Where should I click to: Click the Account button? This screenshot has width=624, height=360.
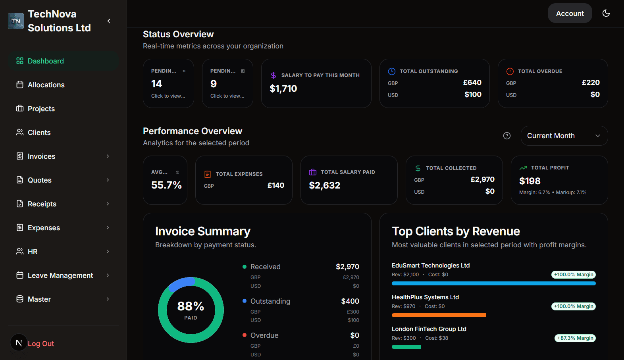coord(570,13)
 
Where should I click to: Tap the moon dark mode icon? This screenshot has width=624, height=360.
coord(606,13)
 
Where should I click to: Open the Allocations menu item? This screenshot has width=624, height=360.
coord(46,85)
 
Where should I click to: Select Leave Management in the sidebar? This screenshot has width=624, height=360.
coord(60,275)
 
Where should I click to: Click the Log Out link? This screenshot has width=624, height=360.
coord(40,344)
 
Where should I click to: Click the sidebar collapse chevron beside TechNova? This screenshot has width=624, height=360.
coord(109,21)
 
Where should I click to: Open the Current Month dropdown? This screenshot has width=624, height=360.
coord(564,136)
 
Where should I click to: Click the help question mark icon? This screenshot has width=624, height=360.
coord(507,136)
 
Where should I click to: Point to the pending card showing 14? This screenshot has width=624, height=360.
coord(168,83)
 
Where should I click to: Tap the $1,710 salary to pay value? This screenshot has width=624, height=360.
coord(283,89)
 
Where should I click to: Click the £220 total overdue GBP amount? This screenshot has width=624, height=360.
coord(590,83)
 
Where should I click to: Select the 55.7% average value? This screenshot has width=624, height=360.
coord(166,185)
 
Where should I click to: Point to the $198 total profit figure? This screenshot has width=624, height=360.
coord(530,181)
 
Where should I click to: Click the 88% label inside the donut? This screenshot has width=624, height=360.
coord(191,306)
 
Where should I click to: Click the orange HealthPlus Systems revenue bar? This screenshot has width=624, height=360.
coord(438,315)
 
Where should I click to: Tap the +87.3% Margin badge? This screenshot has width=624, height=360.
coord(575,338)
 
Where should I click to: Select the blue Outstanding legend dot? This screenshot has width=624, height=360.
coord(245,301)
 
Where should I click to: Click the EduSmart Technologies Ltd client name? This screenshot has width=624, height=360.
coord(430,266)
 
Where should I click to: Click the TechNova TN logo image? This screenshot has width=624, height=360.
coord(16,21)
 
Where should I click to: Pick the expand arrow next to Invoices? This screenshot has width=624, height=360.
coord(108,156)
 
